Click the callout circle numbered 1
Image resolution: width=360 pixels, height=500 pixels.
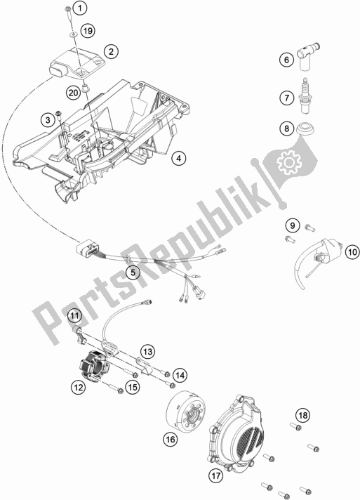tap(79, 8)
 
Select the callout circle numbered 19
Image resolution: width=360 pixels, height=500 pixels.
tap(88, 31)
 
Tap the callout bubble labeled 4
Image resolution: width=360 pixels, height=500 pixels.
tap(178, 158)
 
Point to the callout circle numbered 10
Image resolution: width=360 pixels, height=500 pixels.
tap(352, 252)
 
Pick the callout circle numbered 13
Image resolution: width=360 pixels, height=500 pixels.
tap(147, 352)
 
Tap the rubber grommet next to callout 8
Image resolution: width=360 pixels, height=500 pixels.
tap(305, 129)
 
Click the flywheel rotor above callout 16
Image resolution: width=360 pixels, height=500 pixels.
tap(186, 409)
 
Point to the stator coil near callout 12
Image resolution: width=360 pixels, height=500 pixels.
tap(94, 365)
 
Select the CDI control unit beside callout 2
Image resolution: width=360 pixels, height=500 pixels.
tap(78, 63)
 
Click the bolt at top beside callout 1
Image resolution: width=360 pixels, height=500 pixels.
tap(69, 12)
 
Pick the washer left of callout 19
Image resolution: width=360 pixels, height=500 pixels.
tap(74, 34)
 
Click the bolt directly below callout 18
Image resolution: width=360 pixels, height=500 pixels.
tap(296, 426)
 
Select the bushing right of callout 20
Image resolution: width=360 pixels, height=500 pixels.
tap(86, 87)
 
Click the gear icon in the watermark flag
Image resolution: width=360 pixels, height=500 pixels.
tap(289, 162)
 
